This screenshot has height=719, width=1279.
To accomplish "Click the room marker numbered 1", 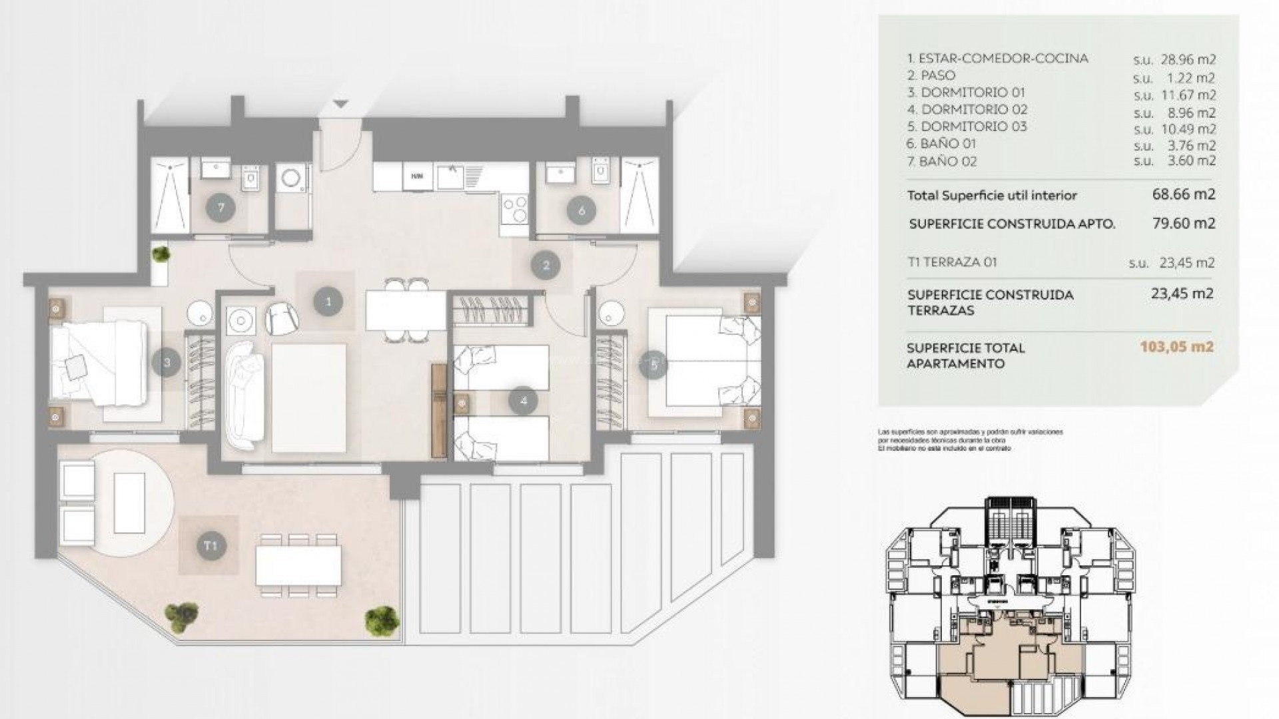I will pos(328,302).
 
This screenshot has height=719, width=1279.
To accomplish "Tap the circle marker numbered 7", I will pos(220,208).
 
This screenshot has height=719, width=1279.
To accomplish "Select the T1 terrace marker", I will pos(211,546).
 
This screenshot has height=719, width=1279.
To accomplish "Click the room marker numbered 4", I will pos(523,401).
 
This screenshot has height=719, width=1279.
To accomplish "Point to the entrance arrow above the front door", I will pos(340,104).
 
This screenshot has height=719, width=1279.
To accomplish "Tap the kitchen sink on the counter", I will pos(454,176).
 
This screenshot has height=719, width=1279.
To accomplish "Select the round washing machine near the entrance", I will pos(292,178).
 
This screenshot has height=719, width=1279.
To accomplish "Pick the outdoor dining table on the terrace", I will pos(298,565).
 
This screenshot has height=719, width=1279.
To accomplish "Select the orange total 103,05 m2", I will pos(1176,347).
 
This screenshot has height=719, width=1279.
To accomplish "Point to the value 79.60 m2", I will pos(1184,223).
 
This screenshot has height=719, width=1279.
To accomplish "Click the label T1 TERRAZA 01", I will pos(952,262).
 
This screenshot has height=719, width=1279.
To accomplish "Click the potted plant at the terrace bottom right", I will pos(382,619).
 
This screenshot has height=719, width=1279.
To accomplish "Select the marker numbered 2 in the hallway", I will pos(546,266).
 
